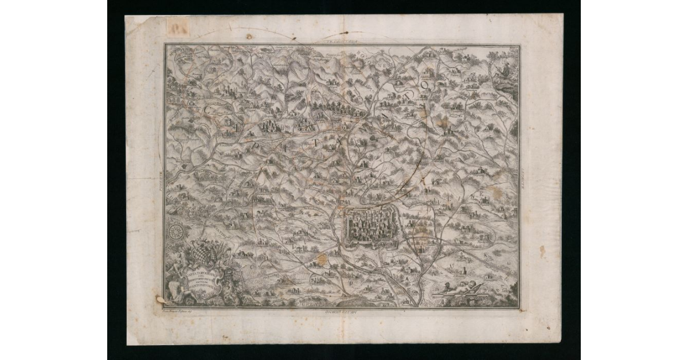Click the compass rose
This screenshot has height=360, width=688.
coord(176,232)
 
